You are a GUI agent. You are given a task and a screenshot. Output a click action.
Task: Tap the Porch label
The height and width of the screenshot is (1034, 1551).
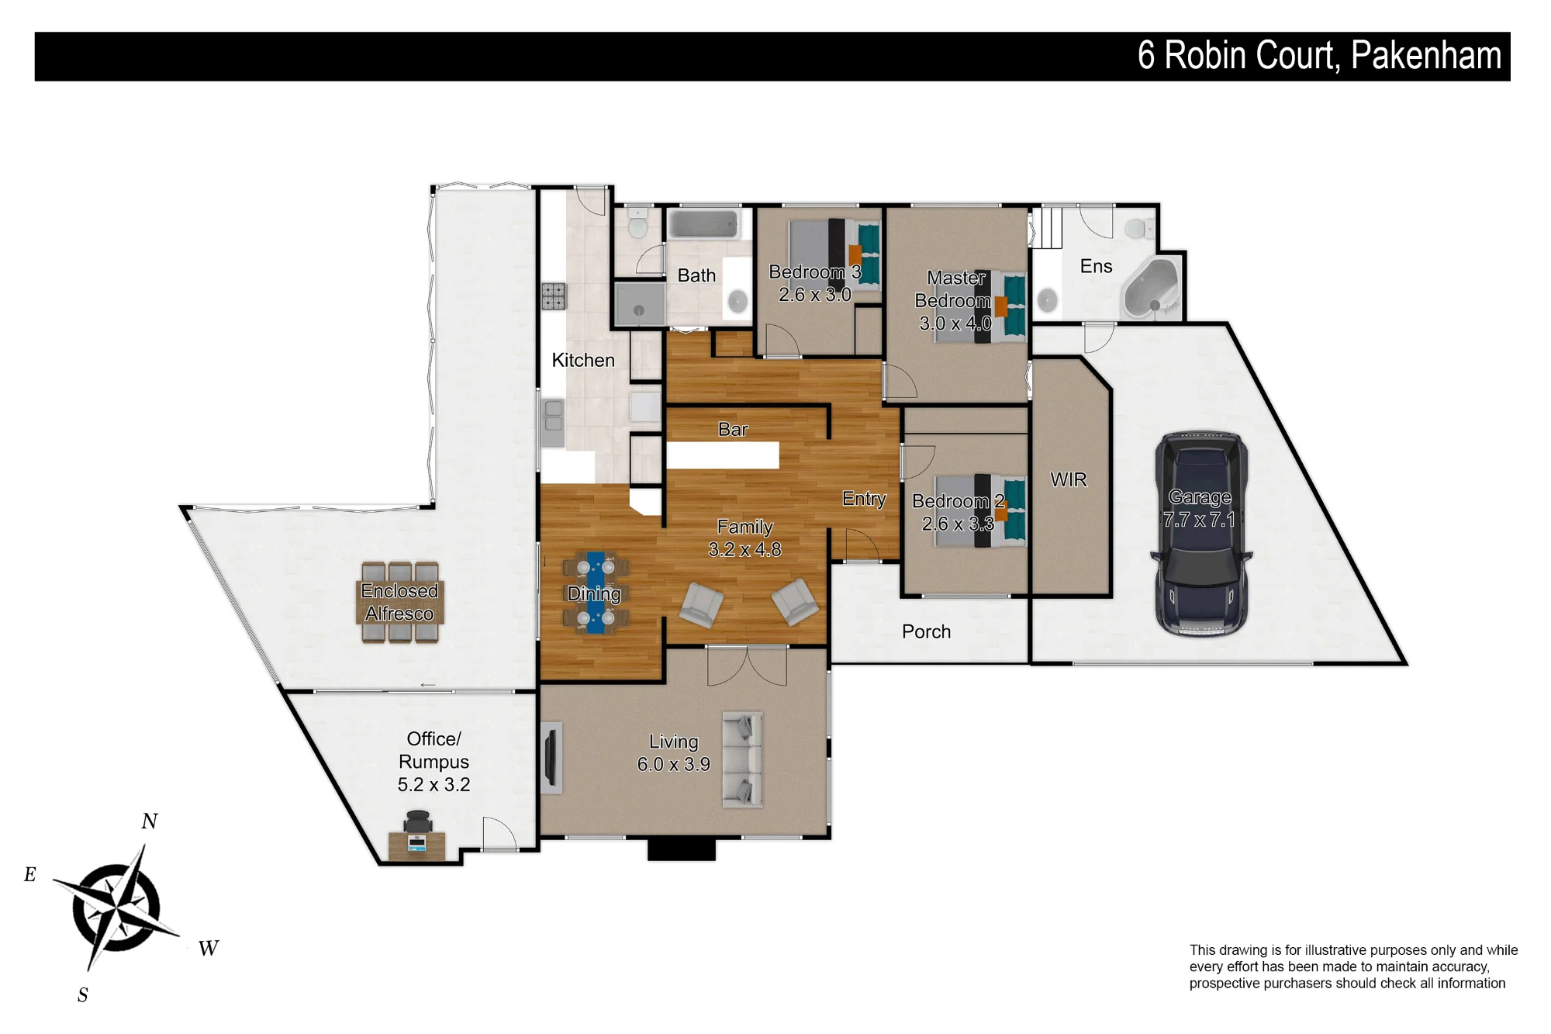coord(926,631)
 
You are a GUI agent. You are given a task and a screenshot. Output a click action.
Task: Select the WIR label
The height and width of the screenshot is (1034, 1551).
coord(1069,479)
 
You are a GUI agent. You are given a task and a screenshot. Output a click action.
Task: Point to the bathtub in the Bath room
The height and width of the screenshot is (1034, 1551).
coord(704,224)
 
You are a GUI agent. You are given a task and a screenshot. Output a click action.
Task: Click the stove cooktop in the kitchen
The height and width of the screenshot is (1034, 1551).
coord(554,296)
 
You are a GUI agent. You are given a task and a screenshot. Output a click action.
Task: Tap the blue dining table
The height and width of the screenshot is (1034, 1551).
coord(596,593)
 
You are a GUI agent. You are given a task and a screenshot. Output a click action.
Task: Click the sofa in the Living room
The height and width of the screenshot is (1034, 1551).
coord(742,759)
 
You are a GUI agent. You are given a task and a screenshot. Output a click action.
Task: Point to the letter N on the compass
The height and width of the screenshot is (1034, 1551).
coord(150,821)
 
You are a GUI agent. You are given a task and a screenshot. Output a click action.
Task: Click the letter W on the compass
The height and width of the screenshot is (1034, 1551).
coord(209,948)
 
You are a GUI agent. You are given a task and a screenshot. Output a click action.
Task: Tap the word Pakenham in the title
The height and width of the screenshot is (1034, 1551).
coord(1426,56)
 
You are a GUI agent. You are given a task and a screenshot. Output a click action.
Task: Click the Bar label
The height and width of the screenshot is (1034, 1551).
coord(733,430)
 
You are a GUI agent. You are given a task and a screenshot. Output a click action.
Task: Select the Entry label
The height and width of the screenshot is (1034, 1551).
coord(864,499)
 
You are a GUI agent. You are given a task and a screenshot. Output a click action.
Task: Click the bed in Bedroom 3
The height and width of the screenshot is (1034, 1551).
coord(834,254)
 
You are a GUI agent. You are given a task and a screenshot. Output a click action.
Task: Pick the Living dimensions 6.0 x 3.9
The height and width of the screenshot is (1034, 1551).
coord(674,764)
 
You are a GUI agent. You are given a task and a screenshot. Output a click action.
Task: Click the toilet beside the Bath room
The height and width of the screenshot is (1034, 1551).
coord(637,225)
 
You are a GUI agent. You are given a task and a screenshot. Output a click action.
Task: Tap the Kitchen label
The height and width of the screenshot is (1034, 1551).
coord(583,360)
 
